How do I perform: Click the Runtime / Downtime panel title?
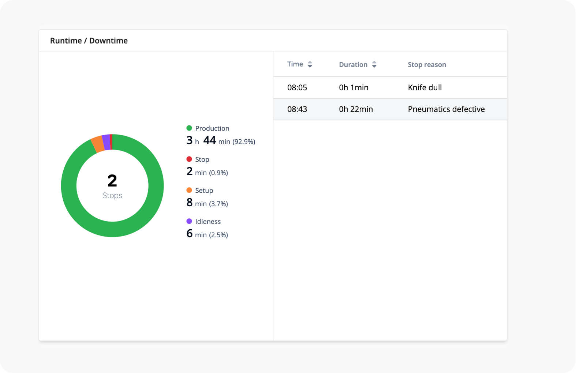pyautogui.click(x=89, y=41)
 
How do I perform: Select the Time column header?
pyautogui.click(x=295, y=64)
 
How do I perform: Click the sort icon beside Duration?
pyautogui.click(x=374, y=65)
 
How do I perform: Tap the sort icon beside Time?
pyautogui.click(x=310, y=64)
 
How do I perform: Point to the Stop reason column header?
pyautogui.click(x=427, y=65)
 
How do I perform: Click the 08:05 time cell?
pyautogui.click(x=297, y=88)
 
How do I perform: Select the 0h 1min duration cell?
pyautogui.click(x=354, y=88)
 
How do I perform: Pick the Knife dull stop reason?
pyautogui.click(x=424, y=88)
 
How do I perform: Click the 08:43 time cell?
pyautogui.click(x=297, y=109)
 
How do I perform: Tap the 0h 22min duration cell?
pyautogui.click(x=356, y=109)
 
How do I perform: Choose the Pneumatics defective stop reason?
pyautogui.click(x=446, y=109)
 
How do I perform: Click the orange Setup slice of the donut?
pyautogui.click(x=98, y=144)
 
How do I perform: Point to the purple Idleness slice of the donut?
pyautogui.click(x=106, y=142)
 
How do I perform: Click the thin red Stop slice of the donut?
pyautogui.click(x=111, y=142)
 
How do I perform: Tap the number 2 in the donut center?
pyautogui.click(x=112, y=181)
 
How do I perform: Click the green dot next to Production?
pyautogui.click(x=189, y=128)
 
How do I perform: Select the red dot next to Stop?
pyautogui.click(x=189, y=159)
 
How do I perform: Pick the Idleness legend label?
pyautogui.click(x=208, y=222)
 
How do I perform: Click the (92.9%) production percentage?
pyautogui.click(x=244, y=142)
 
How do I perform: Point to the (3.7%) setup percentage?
pyautogui.click(x=218, y=204)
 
